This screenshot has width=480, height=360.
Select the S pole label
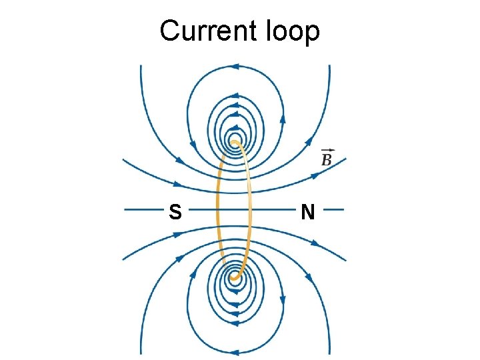tap(175, 212)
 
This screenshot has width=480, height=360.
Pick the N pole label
tap(307, 212)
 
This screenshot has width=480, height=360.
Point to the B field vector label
tap(327, 160)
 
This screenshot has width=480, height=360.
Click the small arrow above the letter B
tap(327, 151)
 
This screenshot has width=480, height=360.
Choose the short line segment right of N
tap(333, 210)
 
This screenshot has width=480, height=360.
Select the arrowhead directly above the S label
tap(176, 183)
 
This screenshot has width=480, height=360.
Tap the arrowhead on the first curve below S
tap(177, 235)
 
